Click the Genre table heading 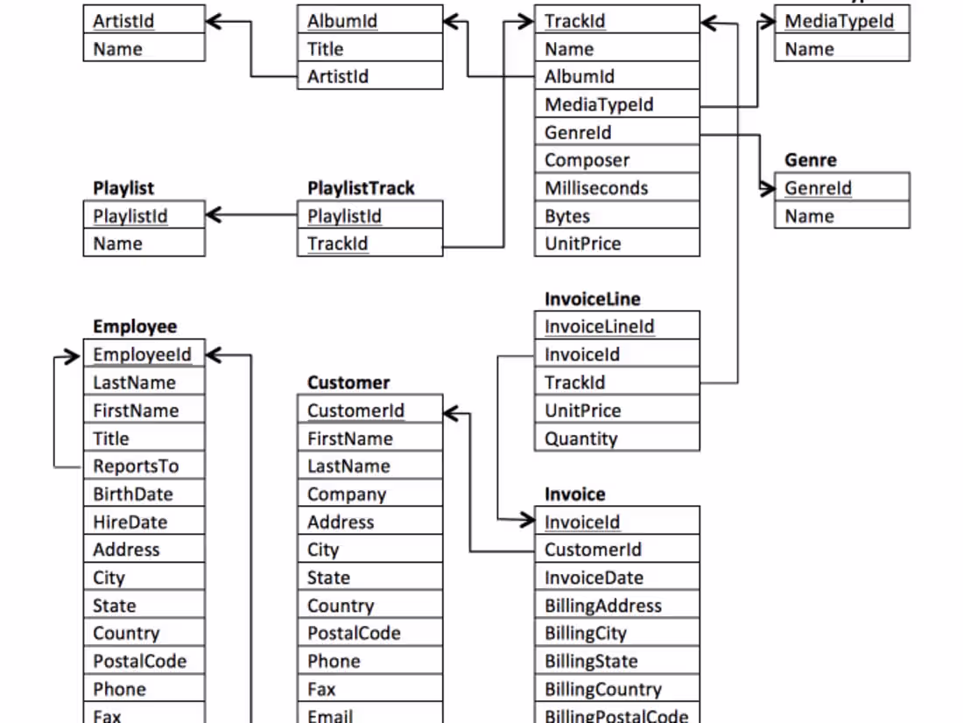click(x=810, y=160)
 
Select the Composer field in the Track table click(x=616, y=160)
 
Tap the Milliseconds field click(x=616, y=188)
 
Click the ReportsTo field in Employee click(x=144, y=467)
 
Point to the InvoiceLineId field click(x=616, y=326)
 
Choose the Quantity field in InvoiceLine click(x=616, y=439)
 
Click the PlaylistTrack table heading click(x=361, y=188)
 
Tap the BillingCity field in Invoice click(x=616, y=634)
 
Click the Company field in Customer click(x=374, y=495)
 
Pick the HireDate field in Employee click(x=144, y=523)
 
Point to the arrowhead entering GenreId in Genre click(x=768, y=188)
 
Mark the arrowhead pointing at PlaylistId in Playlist click(x=213, y=215)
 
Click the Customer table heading click(x=348, y=383)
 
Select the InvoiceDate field click(x=616, y=578)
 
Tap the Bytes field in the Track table click(x=616, y=216)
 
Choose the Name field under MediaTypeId click(x=841, y=49)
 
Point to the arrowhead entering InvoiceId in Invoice click(x=527, y=522)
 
